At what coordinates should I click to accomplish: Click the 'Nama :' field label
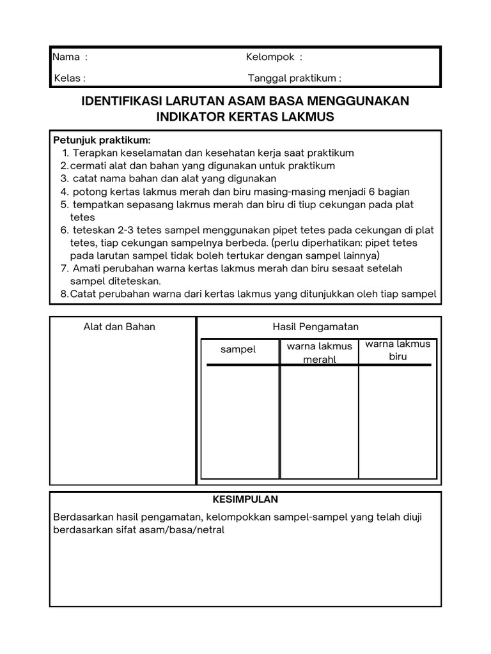(x=70, y=57)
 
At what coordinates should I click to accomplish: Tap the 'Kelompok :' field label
(x=274, y=57)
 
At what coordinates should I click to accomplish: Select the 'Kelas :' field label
(x=69, y=79)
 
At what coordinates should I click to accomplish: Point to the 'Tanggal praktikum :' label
(x=294, y=79)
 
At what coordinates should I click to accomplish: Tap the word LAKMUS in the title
(x=308, y=117)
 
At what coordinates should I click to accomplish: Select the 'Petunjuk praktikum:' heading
(x=102, y=140)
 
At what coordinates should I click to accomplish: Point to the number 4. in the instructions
(x=65, y=192)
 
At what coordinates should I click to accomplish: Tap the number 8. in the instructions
(x=65, y=294)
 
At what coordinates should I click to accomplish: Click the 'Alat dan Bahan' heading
(x=120, y=326)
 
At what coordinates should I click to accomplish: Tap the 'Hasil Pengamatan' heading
(x=316, y=326)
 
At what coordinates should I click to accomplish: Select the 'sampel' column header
(x=238, y=349)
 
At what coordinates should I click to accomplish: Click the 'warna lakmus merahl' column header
(x=320, y=353)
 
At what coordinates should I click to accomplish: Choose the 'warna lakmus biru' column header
(x=398, y=350)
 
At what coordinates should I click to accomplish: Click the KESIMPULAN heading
(x=245, y=499)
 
